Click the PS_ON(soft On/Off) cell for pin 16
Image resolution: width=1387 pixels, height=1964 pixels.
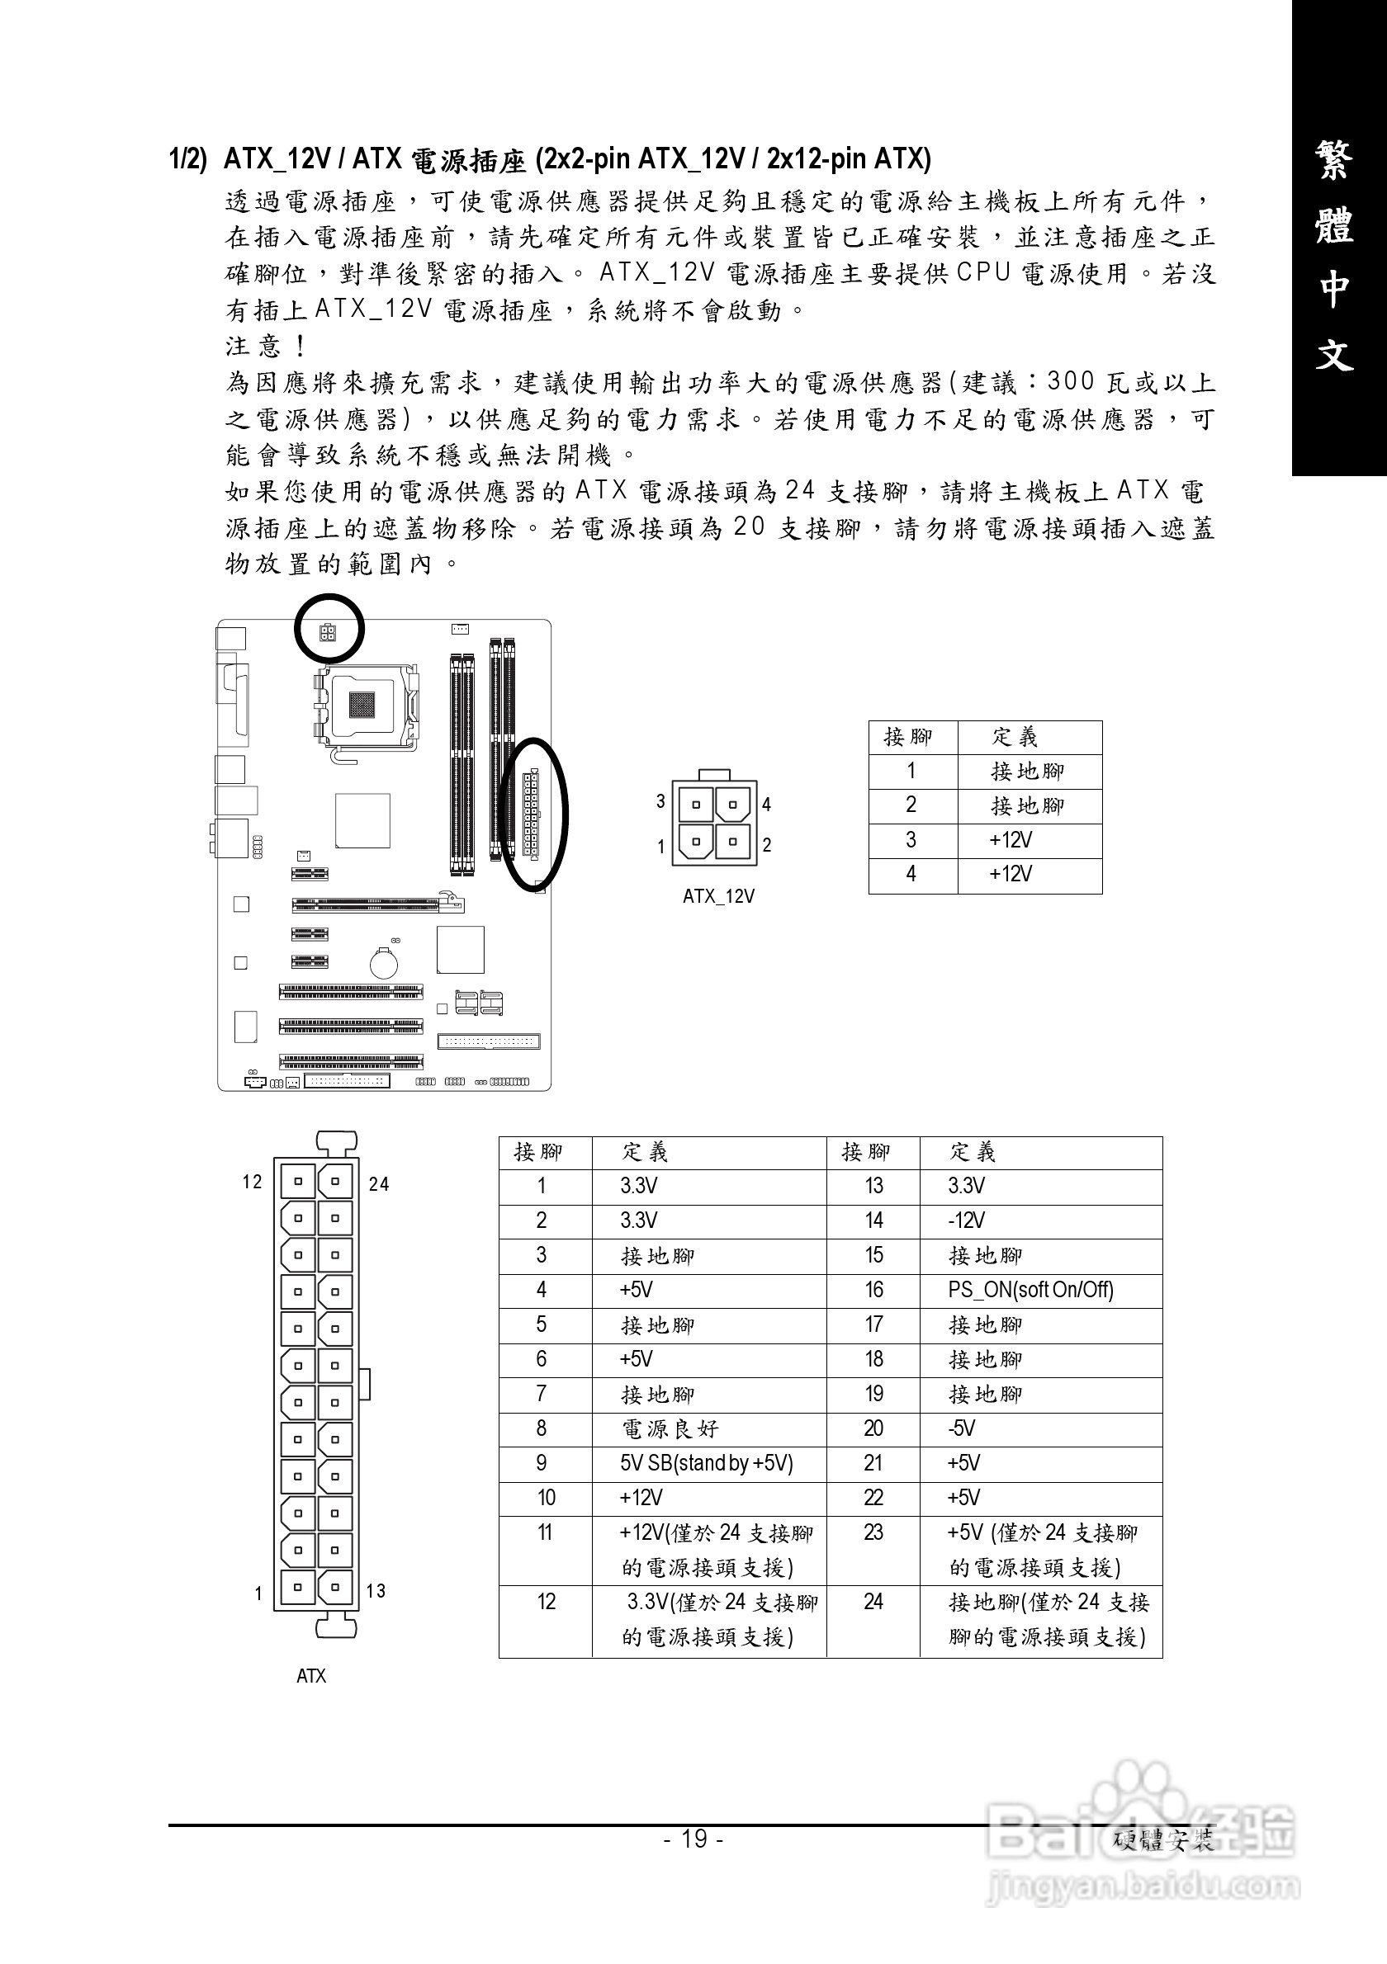pyautogui.click(x=1030, y=1290)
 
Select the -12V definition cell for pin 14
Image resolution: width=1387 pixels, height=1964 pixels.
pyautogui.click(x=966, y=1220)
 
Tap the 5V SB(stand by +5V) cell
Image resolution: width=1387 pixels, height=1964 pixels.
pyautogui.click(x=707, y=1464)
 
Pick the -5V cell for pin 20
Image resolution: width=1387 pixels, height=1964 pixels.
pyautogui.click(x=962, y=1428)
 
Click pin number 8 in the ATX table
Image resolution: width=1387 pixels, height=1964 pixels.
pyautogui.click(x=542, y=1428)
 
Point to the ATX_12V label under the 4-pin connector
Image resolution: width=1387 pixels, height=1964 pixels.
pyautogui.click(x=718, y=896)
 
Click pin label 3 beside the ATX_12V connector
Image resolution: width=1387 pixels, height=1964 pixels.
pyautogui.click(x=660, y=801)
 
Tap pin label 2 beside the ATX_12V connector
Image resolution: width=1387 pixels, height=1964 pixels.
pyautogui.click(x=768, y=845)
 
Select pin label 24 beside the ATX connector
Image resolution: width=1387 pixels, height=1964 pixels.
pyautogui.click(x=378, y=1184)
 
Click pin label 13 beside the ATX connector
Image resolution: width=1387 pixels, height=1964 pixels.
pyautogui.click(x=376, y=1591)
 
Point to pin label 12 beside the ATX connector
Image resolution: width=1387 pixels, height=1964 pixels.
pyautogui.click(x=252, y=1183)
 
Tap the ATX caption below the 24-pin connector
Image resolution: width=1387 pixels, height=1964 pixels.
pyautogui.click(x=311, y=1676)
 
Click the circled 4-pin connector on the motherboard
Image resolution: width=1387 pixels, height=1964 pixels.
pyautogui.click(x=329, y=633)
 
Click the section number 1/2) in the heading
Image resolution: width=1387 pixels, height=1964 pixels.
pyautogui.click(x=187, y=159)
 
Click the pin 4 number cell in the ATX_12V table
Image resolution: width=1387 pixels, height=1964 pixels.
pyautogui.click(x=911, y=874)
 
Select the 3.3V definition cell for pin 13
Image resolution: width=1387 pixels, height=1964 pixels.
pyautogui.click(x=966, y=1186)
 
